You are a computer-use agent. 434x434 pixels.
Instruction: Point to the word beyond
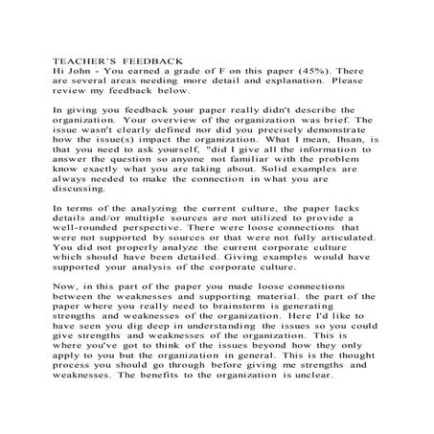tap(263, 368)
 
